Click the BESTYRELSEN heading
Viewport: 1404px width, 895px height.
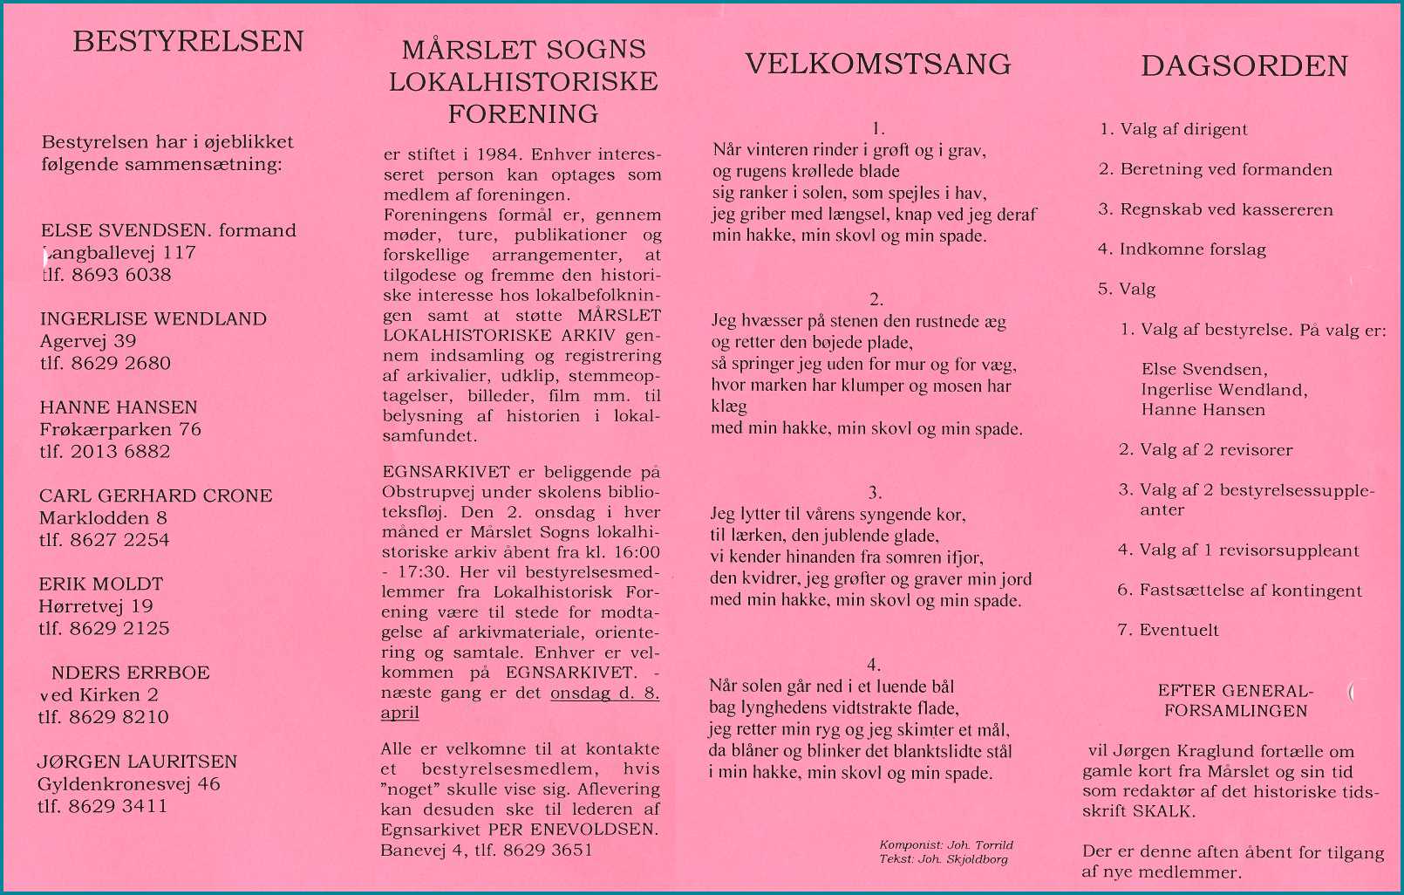click(188, 42)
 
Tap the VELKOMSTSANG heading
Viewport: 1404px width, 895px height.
click(877, 64)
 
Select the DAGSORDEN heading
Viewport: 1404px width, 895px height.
click(1244, 66)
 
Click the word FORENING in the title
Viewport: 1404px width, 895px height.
click(523, 114)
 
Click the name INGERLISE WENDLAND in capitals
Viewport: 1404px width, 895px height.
click(153, 319)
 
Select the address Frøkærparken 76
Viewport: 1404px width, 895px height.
click(120, 429)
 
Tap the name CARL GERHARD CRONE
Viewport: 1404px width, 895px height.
click(155, 495)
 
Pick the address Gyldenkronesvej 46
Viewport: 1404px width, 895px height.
click(128, 783)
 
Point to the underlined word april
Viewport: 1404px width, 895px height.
click(399, 713)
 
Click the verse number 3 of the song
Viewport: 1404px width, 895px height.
click(875, 493)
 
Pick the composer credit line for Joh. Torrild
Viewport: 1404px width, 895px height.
click(946, 844)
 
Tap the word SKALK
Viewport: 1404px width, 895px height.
click(1163, 811)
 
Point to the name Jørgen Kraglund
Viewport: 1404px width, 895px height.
click(1207, 751)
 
